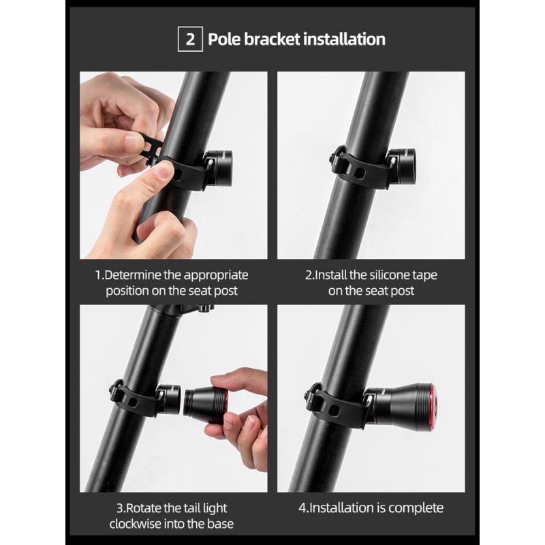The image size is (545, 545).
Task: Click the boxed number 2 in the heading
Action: pyautogui.click(x=190, y=39)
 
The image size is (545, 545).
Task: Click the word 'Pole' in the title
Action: pyautogui.click(x=224, y=39)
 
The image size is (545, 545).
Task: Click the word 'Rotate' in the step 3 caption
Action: pyautogui.click(x=143, y=508)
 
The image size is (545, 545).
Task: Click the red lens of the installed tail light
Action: pyautogui.click(x=433, y=403)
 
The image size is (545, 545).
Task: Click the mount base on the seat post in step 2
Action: pyautogui.click(x=401, y=168)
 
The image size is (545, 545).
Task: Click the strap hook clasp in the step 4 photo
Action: pyautogui.click(x=311, y=396)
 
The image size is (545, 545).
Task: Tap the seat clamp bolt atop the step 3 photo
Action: pyautogui.click(x=205, y=308)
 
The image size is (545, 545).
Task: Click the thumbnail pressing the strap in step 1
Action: pyautogui.click(x=163, y=171)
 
